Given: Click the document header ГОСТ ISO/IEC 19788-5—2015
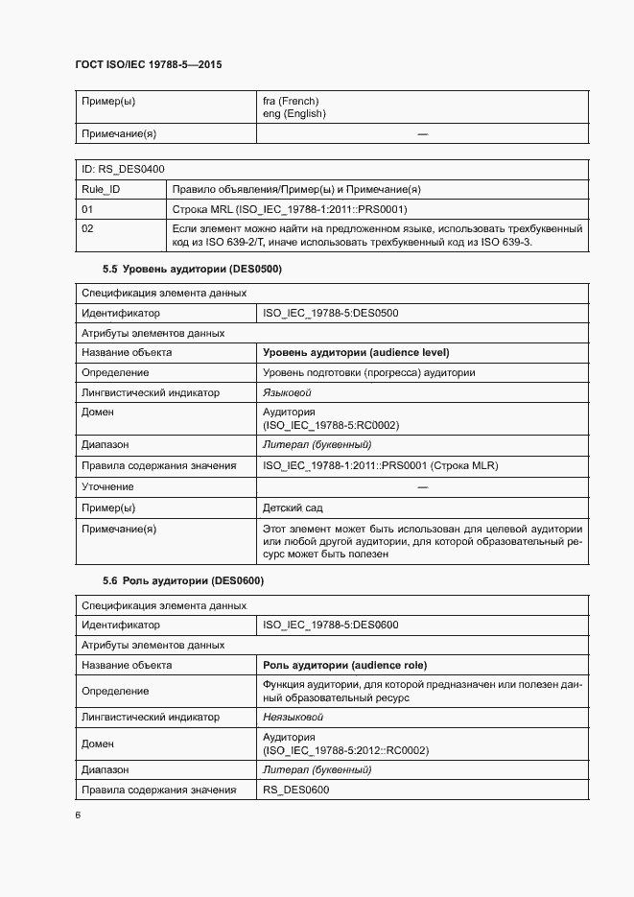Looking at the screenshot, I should click(x=148, y=65).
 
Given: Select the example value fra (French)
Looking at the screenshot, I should click(x=291, y=101).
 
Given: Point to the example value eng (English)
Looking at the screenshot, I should click(x=294, y=113).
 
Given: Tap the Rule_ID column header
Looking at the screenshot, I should click(x=101, y=189).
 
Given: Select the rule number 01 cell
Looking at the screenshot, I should click(x=87, y=208).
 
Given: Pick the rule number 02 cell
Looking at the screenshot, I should click(x=87, y=228).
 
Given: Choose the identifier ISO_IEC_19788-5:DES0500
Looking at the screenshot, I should click(x=330, y=313).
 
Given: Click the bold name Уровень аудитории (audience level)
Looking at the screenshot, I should click(x=356, y=352).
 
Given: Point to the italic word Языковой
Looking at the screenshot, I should click(x=287, y=392).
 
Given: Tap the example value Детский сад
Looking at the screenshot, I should click(x=292, y=508).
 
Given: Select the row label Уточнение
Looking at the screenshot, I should click(x=107, y=487).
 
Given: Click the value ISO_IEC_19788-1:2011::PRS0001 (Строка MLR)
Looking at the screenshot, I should click(x=380, y=466).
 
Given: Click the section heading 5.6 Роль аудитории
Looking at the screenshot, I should click(x=182, y=580).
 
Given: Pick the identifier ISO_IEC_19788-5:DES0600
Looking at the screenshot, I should click(x=330, y=626).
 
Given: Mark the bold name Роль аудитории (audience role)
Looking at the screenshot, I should click(x=344, y=665).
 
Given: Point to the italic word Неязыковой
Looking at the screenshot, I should click(x=293, y=717).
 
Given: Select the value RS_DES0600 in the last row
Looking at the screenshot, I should click(x=295, y=790).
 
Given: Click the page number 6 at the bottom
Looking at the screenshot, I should click(x=77, y=815).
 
